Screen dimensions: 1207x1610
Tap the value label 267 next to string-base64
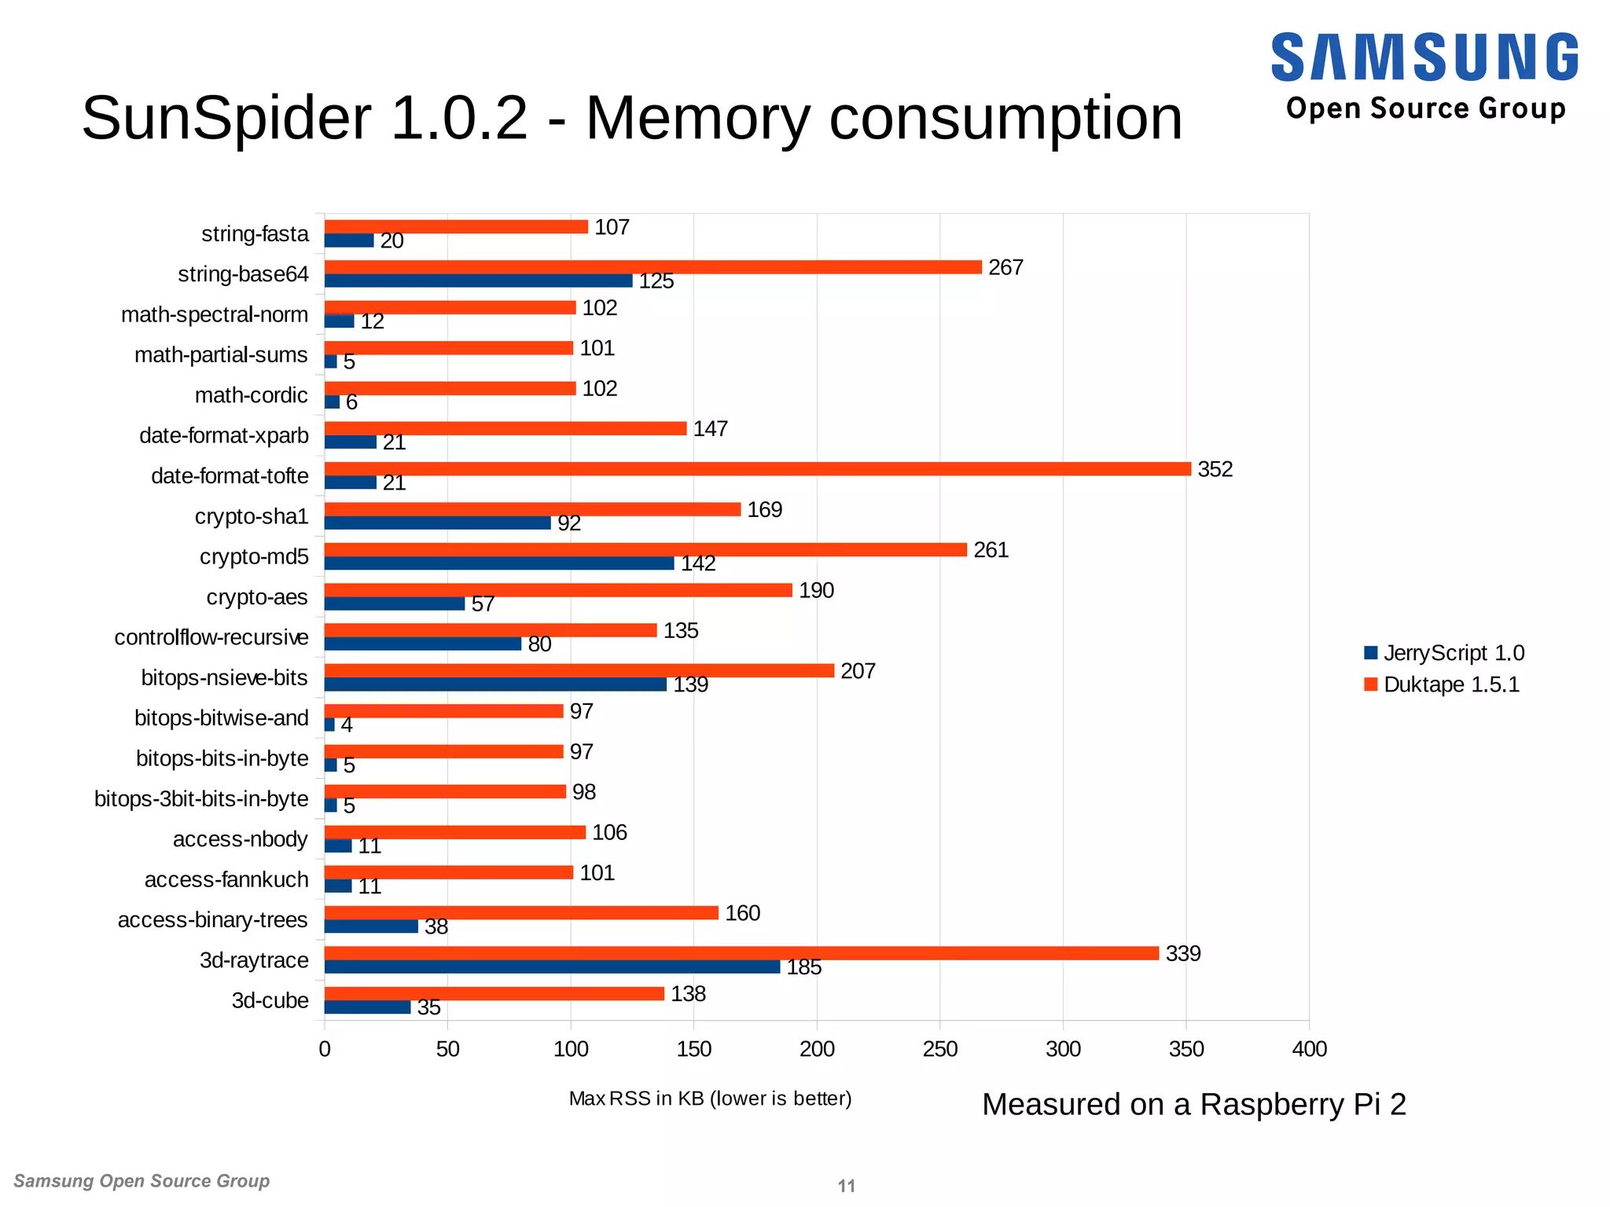[1005, 268]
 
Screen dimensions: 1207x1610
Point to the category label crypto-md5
[254, 557]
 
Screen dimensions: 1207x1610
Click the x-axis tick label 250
[939, 1049]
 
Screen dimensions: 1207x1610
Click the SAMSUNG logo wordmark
[1424, 57]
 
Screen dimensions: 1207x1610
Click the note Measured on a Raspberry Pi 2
[1193, 1105]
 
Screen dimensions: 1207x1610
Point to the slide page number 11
[846, 1186]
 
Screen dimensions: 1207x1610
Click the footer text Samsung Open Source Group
[142, 1181]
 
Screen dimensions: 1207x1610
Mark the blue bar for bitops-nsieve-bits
[495, 685]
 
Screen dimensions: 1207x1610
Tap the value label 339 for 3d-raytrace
[1182, 954]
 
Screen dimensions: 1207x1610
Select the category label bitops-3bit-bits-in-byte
[201, 799]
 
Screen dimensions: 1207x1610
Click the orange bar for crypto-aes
[558, 590]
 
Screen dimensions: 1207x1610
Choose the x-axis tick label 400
[1309, 1049]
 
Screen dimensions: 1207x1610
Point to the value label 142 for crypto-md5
[698, 564]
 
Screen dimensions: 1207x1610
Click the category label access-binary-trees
[212, 920]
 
